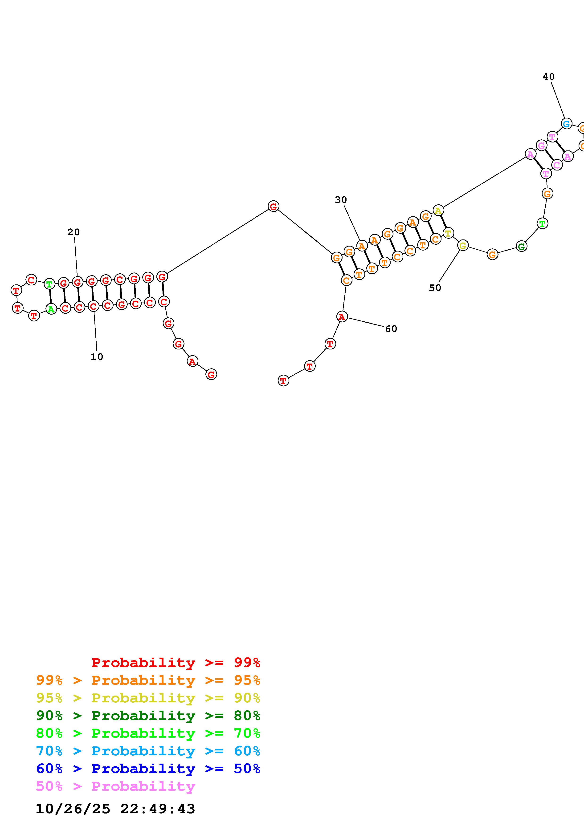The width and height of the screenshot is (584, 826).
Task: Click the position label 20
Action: (x=74, y=232)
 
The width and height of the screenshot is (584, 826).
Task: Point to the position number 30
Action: (x=341, y=200)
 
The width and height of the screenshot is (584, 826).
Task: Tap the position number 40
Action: (x=549, y=77)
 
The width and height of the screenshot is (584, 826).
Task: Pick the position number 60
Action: (x=391, y=329)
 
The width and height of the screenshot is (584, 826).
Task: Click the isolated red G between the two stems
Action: (x=274, y=206)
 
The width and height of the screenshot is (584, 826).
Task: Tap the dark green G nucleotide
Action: (x=521, y=247)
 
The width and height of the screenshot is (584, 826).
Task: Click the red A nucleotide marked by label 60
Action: (x=342, y=317)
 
